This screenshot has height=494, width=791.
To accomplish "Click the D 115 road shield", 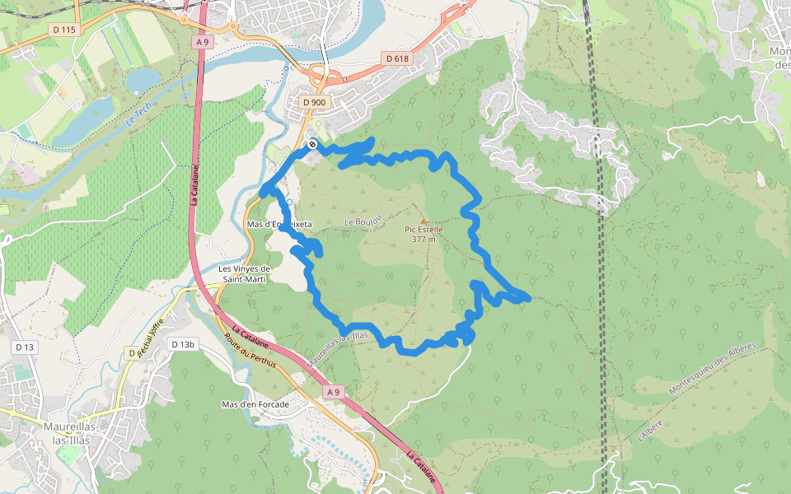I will [63, 30].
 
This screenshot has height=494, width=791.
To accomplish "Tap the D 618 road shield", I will [397, 58].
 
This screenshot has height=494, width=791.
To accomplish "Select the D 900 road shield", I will [314, 102].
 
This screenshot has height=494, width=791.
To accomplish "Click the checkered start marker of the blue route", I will [312, 145].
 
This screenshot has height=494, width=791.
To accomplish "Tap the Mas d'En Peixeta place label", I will [279, 224].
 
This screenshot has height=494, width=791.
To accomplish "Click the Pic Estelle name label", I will [424, 230].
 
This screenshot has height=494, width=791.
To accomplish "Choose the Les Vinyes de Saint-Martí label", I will [244, 274].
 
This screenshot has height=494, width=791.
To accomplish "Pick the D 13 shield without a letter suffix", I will [25, 347].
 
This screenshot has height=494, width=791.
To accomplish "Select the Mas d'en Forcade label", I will [255, 404].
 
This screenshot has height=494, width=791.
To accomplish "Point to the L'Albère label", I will [651, 429].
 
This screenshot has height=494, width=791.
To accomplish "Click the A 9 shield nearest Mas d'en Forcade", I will [333, 393].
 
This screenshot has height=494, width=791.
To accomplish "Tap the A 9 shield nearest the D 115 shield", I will [203, 41].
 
